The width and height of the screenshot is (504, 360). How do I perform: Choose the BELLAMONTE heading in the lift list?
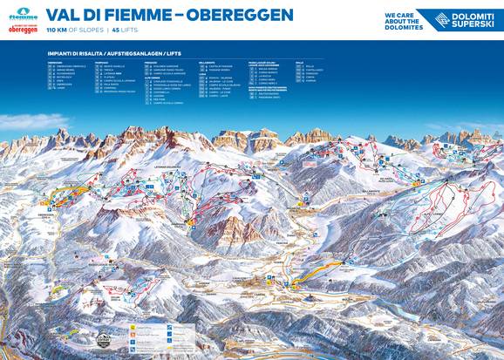[206, 63]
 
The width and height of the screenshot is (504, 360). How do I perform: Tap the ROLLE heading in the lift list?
[299, 63]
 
